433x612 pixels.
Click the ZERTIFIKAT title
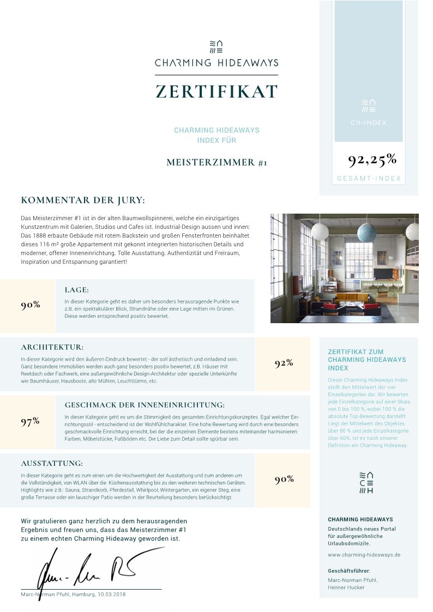tap(216, 91)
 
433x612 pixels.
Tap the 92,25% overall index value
tap(372, 160)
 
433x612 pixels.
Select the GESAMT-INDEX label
tap(369, 178)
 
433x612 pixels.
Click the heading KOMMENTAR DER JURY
tap(83, 200)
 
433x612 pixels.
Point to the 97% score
tap(30, 421)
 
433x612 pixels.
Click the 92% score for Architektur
tap(284, 363)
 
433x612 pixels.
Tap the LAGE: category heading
tap(77, 290)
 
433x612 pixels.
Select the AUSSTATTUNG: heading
tap(52, 463)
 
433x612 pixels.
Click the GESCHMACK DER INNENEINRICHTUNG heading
tap(145, 405)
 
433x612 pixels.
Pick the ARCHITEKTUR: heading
tap(52, 347)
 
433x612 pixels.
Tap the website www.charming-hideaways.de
tap(364, 554)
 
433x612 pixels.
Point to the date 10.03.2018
tap(111, 594)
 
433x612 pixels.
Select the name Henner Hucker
tap(346, 587)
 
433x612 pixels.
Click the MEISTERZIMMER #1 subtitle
tap(216, 162)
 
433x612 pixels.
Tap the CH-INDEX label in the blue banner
tap(369, 123)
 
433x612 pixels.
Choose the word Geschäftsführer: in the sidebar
tap(348, 571)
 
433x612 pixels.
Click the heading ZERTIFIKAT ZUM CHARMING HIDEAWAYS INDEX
tap(366, 360)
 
